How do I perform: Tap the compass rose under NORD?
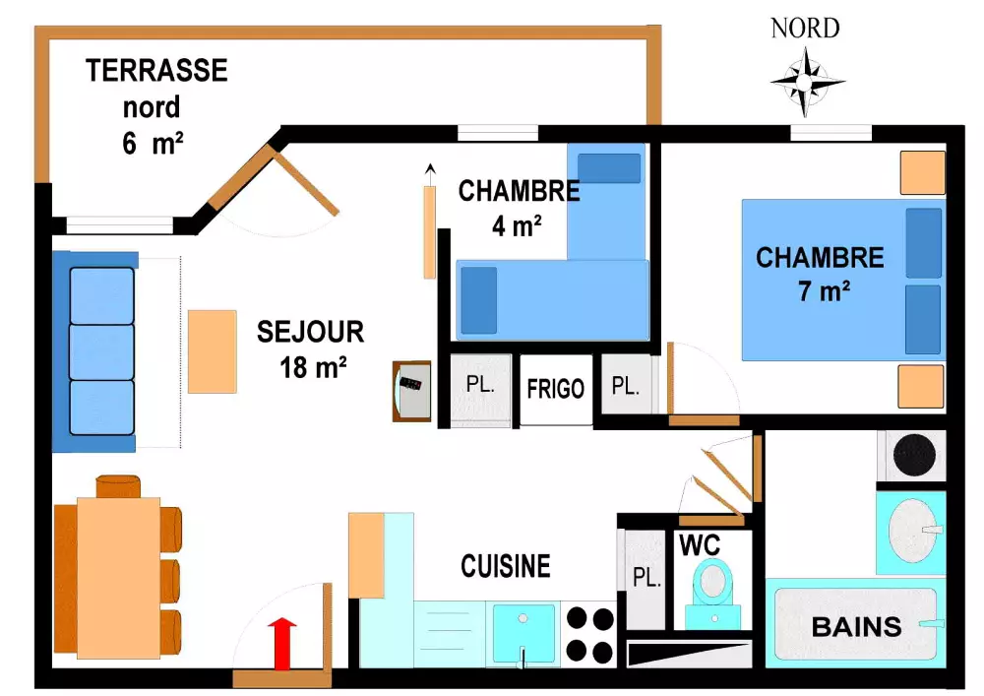click(x=808, y=81)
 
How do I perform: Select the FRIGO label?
click(x=556, y=389)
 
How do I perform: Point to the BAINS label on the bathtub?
click(x=856, y=626)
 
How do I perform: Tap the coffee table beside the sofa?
click(x=213, y=351)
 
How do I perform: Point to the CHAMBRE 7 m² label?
click(x=820, y=274)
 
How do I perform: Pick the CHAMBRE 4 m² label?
click(x=518, y=208)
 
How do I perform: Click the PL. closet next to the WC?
click(x=646, y=578)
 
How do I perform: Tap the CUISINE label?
click(x=506, y=566)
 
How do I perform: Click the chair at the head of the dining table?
click(x=118, y=486)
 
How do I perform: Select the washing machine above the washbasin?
click(x=913, y=454)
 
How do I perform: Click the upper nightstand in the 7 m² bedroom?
click(x=923, y=172)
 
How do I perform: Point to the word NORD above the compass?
click(x=805, y=29)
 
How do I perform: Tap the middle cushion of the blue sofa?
click(x=101, y=351)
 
